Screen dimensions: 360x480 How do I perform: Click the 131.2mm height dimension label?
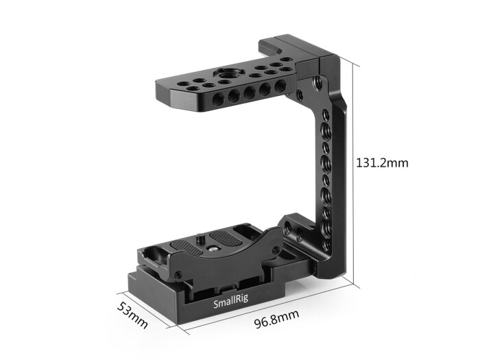coord(382,163)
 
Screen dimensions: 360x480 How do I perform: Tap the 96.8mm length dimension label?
coord(272,316)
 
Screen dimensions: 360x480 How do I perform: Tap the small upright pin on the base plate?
coord(199,240)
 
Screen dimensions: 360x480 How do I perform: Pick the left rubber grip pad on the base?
coord(187,248)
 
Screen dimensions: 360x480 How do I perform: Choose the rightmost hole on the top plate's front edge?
coord(280,86)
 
